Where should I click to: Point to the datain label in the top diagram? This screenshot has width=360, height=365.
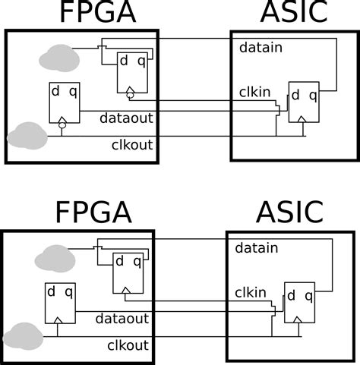[x=261, y=48]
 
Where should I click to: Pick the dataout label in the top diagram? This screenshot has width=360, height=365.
[x=125, y=118]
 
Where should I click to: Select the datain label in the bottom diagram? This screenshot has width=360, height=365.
[x=257, y=247]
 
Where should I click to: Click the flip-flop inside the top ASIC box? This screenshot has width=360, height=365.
[x=303, y=102]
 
